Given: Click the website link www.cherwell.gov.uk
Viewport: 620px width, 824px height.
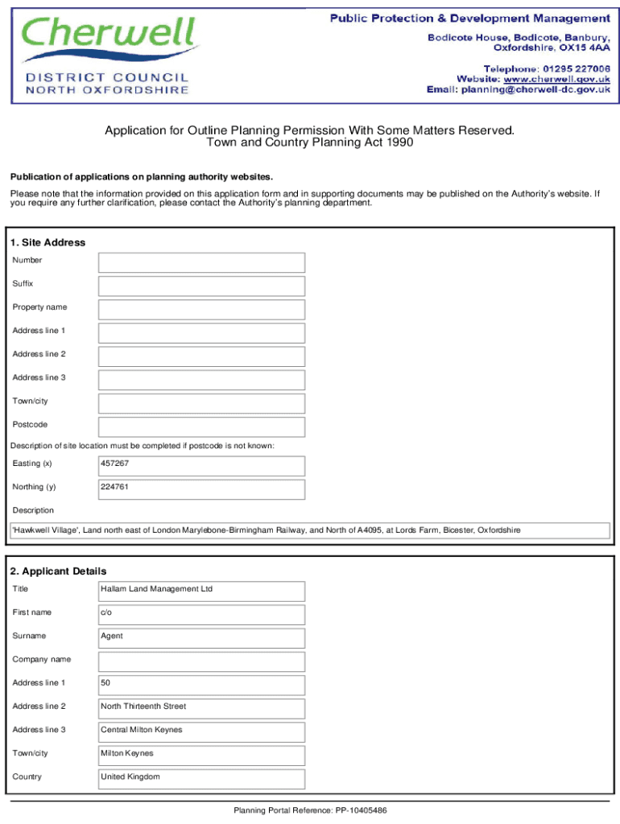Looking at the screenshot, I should coord(556,79).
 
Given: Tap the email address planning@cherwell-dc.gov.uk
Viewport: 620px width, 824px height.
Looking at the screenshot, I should coord(535,90).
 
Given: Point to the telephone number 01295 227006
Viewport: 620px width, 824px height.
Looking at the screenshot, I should coord(575,68).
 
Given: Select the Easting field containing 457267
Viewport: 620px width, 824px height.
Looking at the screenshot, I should coord(201,465).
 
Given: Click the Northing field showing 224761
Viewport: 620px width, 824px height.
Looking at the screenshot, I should coord(201,488).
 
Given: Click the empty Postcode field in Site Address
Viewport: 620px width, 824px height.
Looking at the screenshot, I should coord(201,426).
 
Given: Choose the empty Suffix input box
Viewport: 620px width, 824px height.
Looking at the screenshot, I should coord(201,286).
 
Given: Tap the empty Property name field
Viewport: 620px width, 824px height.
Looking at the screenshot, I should coord(201,309).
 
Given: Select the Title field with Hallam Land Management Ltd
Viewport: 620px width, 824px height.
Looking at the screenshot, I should coord(201,591).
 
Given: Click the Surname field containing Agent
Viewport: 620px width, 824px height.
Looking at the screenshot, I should coord(201,637).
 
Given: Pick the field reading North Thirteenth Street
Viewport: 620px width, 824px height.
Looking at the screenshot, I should coord(201,708).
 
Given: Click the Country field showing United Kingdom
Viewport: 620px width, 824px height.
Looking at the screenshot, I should coord(201,778).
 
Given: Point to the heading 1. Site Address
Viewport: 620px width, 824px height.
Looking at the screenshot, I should coord(48,242).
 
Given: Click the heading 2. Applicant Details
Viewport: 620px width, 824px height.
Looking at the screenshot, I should coord(58,571).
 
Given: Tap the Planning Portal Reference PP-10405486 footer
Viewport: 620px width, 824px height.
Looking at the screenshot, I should coord(310,810).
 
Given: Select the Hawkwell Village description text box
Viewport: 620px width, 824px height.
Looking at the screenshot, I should coord(310,531).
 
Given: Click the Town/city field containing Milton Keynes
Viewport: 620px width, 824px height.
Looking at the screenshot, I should coord(201,755).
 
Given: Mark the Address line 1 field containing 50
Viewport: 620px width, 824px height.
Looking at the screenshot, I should coord(201,685).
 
